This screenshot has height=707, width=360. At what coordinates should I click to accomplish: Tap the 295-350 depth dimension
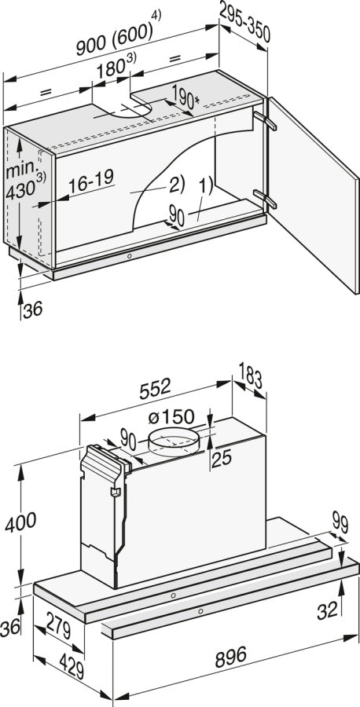point(245,22)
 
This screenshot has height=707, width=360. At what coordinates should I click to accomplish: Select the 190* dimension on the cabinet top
point(185,95)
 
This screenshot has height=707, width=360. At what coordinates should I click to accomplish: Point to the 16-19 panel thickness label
point(91,178)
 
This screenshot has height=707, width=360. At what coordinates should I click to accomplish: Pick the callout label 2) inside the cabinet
point(177,184)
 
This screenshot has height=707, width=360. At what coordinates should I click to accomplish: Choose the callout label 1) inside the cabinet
point(205,185)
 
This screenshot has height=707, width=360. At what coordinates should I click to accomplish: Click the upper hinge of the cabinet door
point(265,120)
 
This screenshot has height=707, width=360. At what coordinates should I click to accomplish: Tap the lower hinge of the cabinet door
point(265,199)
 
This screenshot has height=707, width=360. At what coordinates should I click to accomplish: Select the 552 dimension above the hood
point(155,390)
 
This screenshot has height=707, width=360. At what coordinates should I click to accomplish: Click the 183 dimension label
point(251,374)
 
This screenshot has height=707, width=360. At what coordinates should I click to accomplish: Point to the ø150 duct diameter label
point(171,417)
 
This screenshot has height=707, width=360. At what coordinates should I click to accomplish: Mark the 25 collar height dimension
point(221,458)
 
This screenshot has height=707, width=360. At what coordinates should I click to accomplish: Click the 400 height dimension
point(20,522)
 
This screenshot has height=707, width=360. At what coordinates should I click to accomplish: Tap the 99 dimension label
point(340,522)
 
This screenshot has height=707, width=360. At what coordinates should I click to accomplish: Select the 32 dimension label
point(327,610)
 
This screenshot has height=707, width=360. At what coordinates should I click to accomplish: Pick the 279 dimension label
point(58,626)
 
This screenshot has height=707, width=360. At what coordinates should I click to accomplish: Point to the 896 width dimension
point(230,657)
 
